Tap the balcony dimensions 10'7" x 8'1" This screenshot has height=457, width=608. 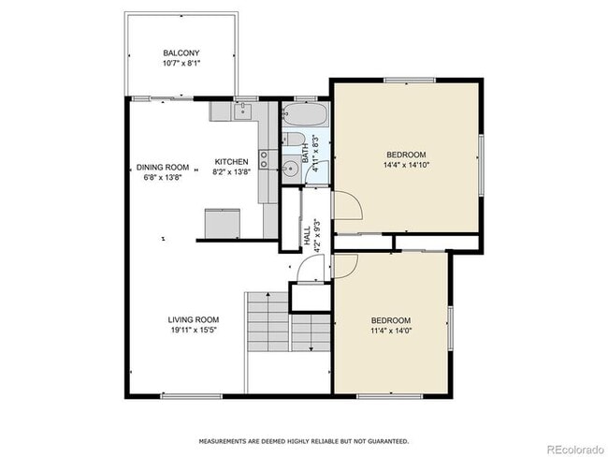[x=181, y=64]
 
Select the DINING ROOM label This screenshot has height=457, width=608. [x=163, y=168]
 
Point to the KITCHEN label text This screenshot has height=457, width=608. [x=231, y=162]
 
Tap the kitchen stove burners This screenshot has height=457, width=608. [x=265, y=160]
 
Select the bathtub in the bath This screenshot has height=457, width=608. [x=305, y=118]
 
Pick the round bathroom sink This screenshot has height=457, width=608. [x=291, y=170]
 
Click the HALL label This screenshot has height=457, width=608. [x=307, y=237]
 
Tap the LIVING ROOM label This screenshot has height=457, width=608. [x=194, y=319]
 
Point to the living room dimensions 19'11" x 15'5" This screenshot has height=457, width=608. [x=194, y=330]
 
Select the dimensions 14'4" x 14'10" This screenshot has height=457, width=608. [x=406, y=165]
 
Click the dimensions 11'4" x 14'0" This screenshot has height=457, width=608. [x=391, y=331]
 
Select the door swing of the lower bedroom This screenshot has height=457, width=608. [x=342, y=265]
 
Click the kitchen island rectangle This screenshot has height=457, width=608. [x=223, y=223]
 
